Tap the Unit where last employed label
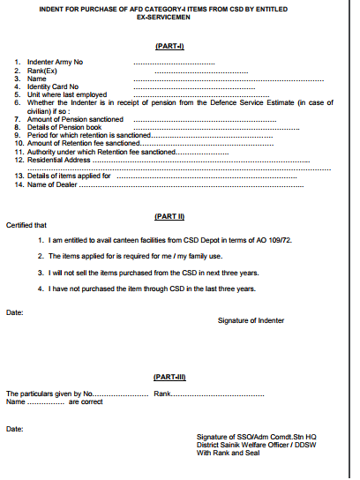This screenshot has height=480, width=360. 65,94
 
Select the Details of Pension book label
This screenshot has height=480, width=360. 64,126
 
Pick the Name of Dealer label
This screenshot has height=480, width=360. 54,184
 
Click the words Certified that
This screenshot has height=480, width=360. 26,225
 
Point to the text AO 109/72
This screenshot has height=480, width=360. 278,240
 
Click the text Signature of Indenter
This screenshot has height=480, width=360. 251,320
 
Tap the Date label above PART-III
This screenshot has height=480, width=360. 15,312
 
